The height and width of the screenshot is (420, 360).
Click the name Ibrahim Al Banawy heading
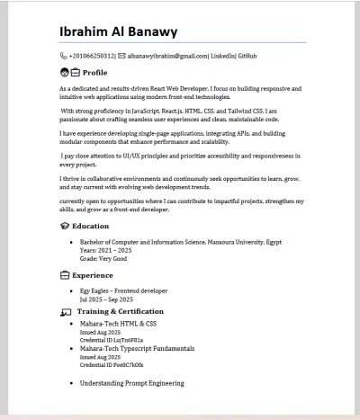(118, 32)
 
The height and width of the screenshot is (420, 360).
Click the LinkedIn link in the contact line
(223, 56)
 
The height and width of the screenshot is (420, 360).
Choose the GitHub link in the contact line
(247, 56)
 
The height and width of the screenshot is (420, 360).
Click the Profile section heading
(94, 72)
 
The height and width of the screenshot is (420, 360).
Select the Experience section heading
(93, 274)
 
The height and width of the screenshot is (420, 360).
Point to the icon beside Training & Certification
(65, 312)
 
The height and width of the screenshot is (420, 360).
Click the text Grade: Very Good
(103, 258)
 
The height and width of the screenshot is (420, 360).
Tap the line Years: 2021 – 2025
(112, 250)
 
